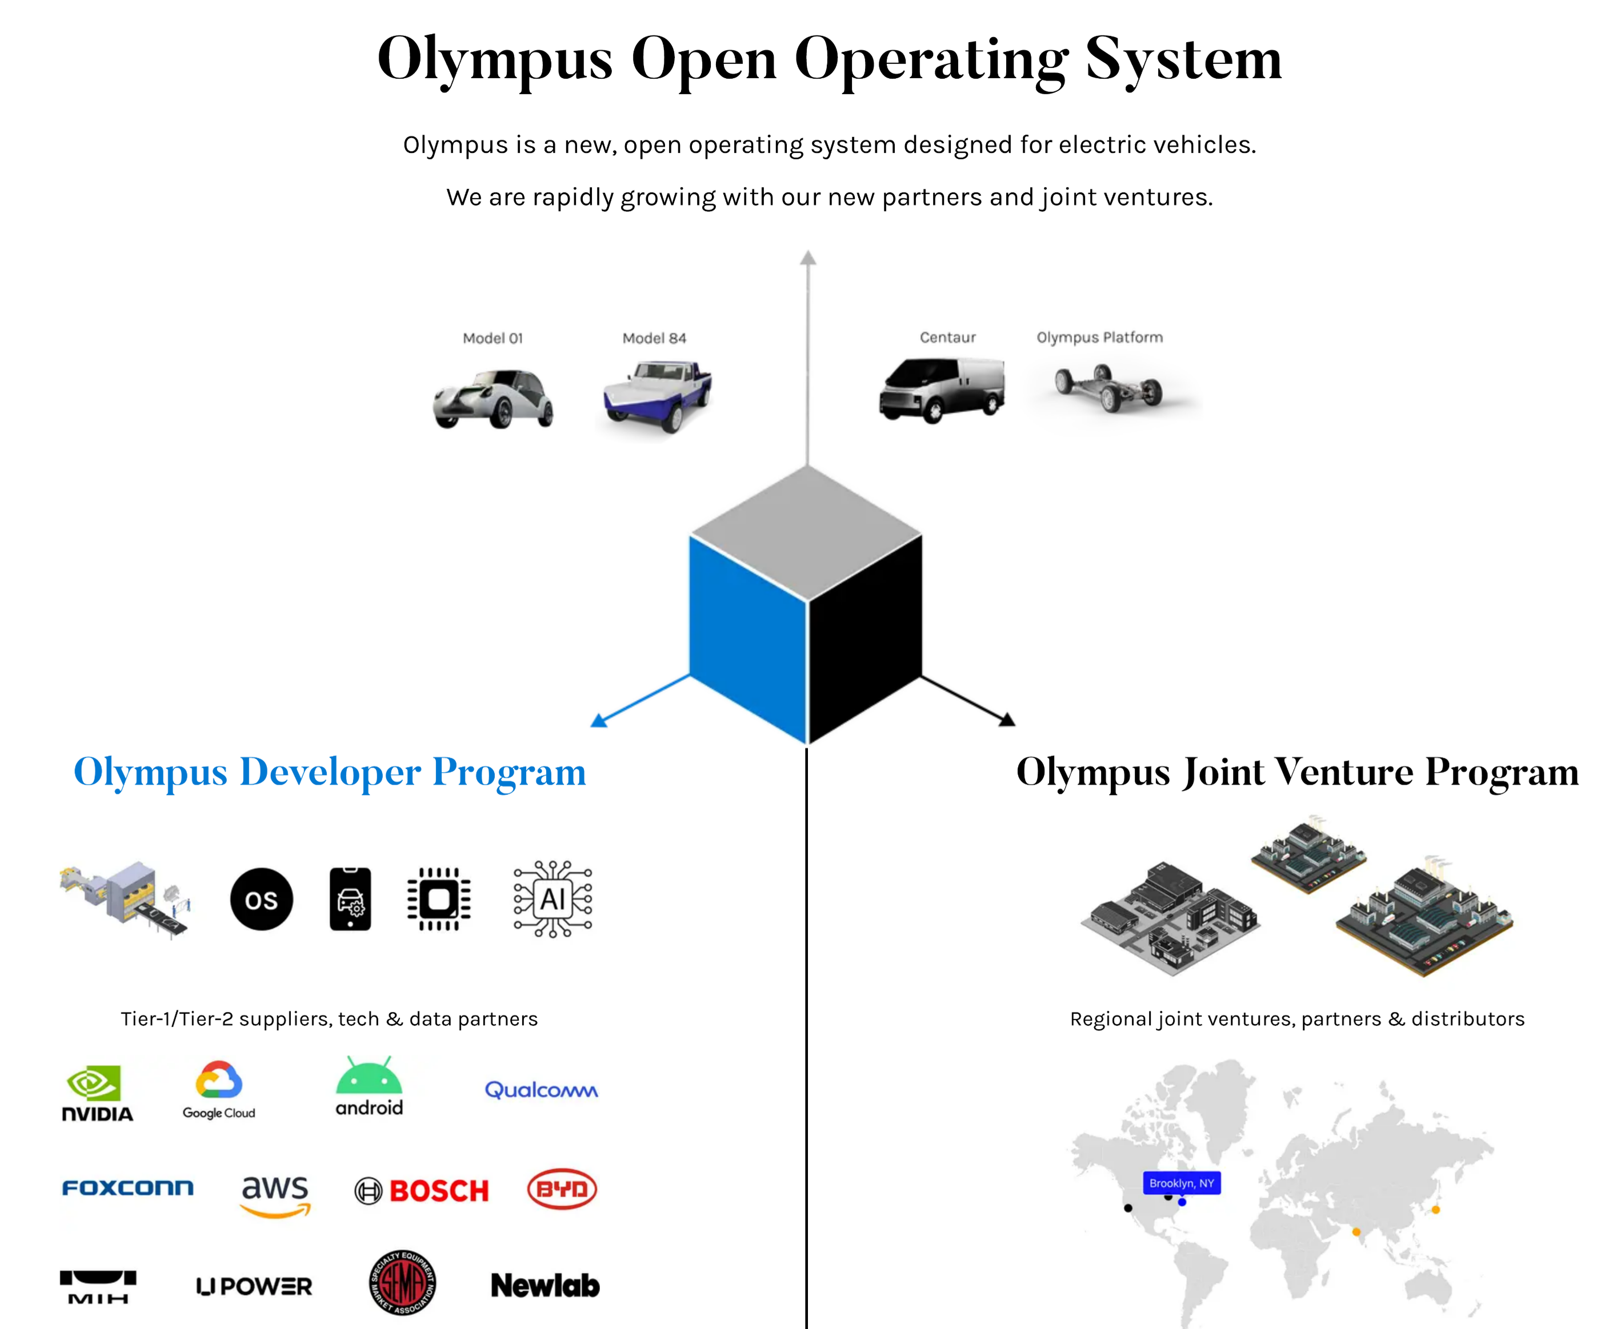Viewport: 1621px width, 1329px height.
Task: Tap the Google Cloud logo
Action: (218, 1090)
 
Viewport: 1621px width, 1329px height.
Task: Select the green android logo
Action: (369, 1087)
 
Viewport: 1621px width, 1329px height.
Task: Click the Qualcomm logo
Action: (541, 1090)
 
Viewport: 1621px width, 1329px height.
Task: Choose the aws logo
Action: (275, 1195)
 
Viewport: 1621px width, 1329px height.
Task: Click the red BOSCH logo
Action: (422, 1190)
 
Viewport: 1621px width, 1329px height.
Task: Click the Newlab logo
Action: (545, 1286)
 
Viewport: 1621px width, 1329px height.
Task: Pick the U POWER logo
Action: (254, 1286)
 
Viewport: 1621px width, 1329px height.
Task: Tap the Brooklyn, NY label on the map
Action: (1182, 1183)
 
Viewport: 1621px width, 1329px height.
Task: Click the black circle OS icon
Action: (261, 900)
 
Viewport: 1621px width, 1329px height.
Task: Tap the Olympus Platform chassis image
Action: (1108, 387)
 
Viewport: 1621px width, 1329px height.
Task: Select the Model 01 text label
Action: (493, 338)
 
